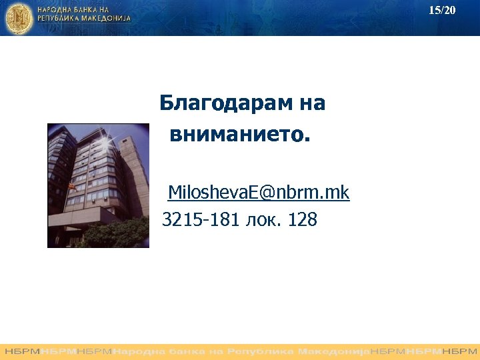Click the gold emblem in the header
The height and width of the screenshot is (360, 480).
point(19,18)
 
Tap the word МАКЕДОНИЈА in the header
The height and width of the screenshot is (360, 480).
point(106,20)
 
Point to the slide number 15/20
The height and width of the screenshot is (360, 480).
point(442,10)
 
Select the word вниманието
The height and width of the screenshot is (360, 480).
point(240,135)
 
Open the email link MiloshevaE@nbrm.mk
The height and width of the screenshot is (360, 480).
point(259,193)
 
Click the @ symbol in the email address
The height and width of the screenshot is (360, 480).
point(267,193)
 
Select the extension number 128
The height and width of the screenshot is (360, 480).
point(303,219)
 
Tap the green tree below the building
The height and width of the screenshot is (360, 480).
point(113,233)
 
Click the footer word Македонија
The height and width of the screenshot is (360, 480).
point(333,351)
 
